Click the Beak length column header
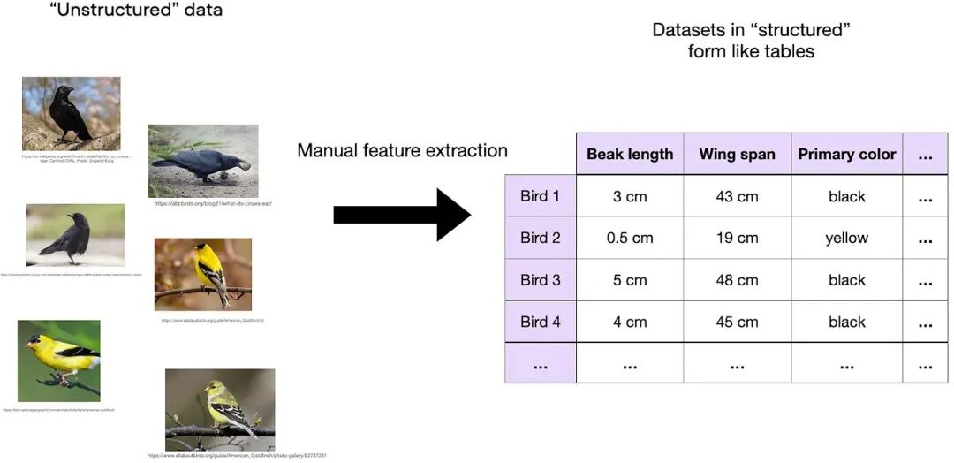point(630,155)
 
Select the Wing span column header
point(737,155)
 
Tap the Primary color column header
point(846,155)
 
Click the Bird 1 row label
point(540,196)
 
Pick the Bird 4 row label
point(540,322)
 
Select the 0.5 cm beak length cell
point(630,238)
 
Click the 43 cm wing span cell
point(737,196)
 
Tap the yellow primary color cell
point(846,238)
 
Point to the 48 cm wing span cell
point(737,280)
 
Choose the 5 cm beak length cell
point(630,280)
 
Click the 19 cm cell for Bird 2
point(737,238)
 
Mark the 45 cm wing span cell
point(737,322)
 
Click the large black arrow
point(402,214)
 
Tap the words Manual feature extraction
point(402,150)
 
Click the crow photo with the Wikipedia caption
point(71,114)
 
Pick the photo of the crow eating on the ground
point(203,161)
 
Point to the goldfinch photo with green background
point(58,361)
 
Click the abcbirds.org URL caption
point(213,203)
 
